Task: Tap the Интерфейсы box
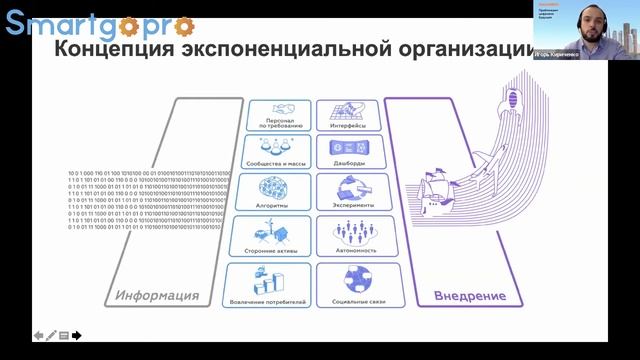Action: [x=348, y=115]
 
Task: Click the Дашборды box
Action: [x=348, y=151]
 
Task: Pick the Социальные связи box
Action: [x=348, y=283]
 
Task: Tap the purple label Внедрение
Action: [x=470, y=296]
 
